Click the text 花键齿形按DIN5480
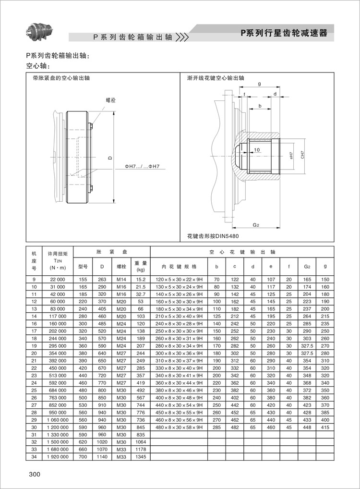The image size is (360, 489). tap(213, 236)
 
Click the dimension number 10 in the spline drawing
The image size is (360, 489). tap(257, 150)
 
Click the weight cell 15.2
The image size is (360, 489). tap(141, 279)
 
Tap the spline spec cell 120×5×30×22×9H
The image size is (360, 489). tap(179, 279)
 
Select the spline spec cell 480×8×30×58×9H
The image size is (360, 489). tap(179, 427)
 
